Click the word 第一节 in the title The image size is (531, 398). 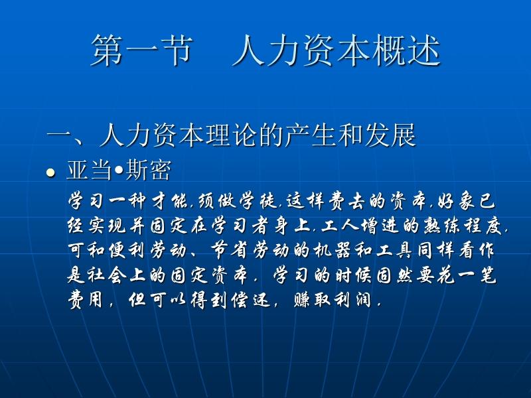tap(141, 50)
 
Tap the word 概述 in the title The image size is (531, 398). tap(406, 50)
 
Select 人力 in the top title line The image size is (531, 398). tap(267, 50)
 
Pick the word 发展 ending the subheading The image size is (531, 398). tap(390, 135)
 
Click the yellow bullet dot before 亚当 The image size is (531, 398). tap(50, 173)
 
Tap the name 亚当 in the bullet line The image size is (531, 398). tap(90, 170)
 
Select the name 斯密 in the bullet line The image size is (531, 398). tap(148, 170)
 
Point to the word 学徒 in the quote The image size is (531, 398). tap(259, 202)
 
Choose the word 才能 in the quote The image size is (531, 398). tap(171, 202)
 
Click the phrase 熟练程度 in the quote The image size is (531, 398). tap(463, 226)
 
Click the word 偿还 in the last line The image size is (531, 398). tap(251, 300)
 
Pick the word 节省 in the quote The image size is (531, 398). tap(230, 251)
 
